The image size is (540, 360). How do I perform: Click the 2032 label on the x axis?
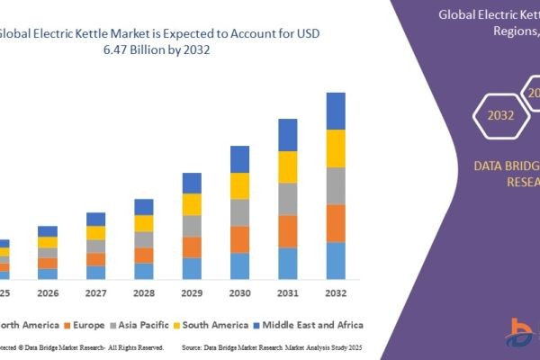[335, 292]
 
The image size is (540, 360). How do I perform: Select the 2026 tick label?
[48, 292]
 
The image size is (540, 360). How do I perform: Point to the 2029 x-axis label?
[192, 292]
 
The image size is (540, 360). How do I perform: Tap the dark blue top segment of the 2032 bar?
[336, 111]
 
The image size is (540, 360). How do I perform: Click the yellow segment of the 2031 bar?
[288, 166]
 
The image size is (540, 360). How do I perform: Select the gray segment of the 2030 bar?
[239, 212]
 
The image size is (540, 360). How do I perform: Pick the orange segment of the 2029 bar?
[192, 247]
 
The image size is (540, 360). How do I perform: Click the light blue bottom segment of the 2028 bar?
[144, 270]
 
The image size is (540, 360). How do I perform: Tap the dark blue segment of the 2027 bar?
[96, 219]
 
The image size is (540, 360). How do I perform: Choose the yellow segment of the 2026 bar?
[48, 242]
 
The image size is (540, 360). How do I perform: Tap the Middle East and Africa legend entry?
[310, 324]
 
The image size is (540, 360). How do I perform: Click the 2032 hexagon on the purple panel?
[501, 115]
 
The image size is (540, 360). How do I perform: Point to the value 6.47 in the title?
[152, 52]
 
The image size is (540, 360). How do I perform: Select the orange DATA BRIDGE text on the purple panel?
[506, 165]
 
